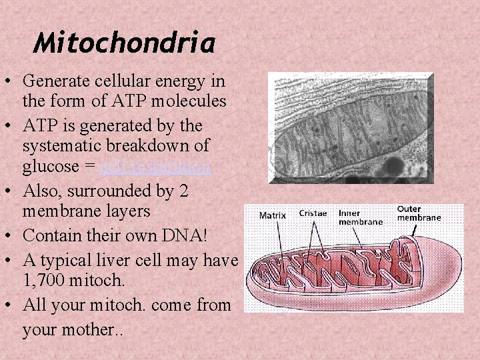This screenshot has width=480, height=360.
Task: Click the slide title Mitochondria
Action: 124,44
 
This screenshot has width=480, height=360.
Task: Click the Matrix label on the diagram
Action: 273,215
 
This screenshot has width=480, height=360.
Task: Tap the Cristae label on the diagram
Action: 313,214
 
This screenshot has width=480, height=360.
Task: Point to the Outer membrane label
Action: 419,213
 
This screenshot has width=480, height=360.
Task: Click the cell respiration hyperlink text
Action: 155,167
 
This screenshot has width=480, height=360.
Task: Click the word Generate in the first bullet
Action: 51,81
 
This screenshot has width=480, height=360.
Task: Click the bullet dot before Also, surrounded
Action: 10,190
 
